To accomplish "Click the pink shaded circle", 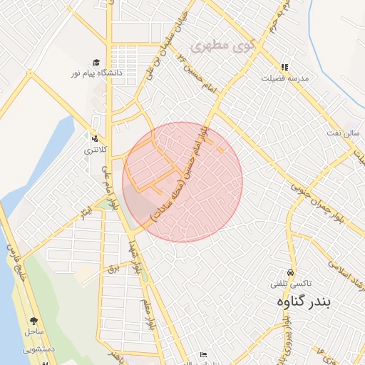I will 182,182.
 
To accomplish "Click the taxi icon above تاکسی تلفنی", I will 290,273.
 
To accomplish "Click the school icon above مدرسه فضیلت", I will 284,68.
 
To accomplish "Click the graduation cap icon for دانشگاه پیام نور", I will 96,63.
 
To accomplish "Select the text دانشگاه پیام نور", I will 98,73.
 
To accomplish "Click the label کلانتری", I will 94,150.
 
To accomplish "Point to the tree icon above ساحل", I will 34,322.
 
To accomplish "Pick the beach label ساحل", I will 34,332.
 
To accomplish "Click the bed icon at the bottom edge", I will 203,354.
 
